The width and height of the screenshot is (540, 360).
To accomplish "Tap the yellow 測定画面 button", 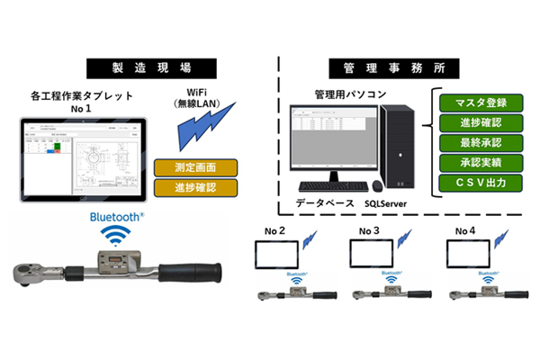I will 195,168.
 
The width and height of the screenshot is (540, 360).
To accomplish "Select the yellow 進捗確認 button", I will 195,187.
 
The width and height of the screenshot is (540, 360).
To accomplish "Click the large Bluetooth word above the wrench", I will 118,217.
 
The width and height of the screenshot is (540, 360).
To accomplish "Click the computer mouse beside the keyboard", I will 377,186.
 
